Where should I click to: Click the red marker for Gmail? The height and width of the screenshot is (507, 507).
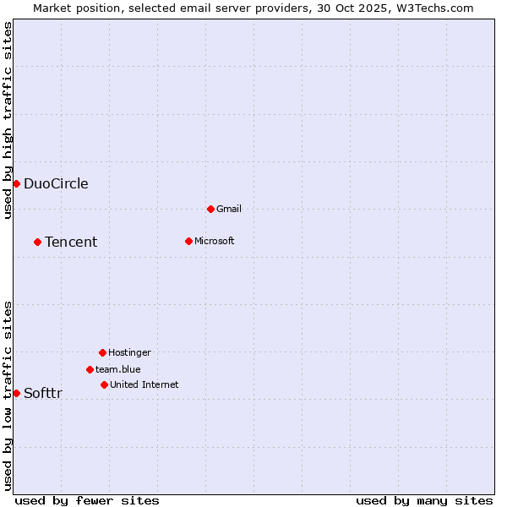point(210,209)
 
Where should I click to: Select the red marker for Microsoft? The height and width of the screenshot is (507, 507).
point(188,241)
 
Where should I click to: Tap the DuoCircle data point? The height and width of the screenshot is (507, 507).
point(16,184)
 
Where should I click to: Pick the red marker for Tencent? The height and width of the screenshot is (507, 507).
point(37,242)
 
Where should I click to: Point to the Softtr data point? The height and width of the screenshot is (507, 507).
point(16,393)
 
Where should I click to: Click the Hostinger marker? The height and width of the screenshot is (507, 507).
point(102,352)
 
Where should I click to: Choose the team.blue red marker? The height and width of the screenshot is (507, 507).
point(90,369)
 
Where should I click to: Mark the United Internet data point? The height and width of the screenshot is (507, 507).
point(104,384)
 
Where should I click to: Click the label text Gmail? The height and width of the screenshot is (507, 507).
point(229,209)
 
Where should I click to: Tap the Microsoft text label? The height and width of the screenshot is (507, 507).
point(215,241)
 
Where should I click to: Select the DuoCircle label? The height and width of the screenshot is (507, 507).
point(56,184)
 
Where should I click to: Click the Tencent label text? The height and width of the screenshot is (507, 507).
point(71,242)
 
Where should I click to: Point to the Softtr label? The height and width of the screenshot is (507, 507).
point(43,393)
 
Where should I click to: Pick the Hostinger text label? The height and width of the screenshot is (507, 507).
point(129,352)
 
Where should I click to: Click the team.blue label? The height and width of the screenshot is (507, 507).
point(118,369)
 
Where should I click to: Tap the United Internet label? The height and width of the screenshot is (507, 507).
point(144,384)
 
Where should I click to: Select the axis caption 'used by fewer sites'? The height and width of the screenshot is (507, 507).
point(87,500)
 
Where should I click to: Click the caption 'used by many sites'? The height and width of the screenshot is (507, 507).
point(424,500)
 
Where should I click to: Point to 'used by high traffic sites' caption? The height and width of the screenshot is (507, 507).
point(8,120)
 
